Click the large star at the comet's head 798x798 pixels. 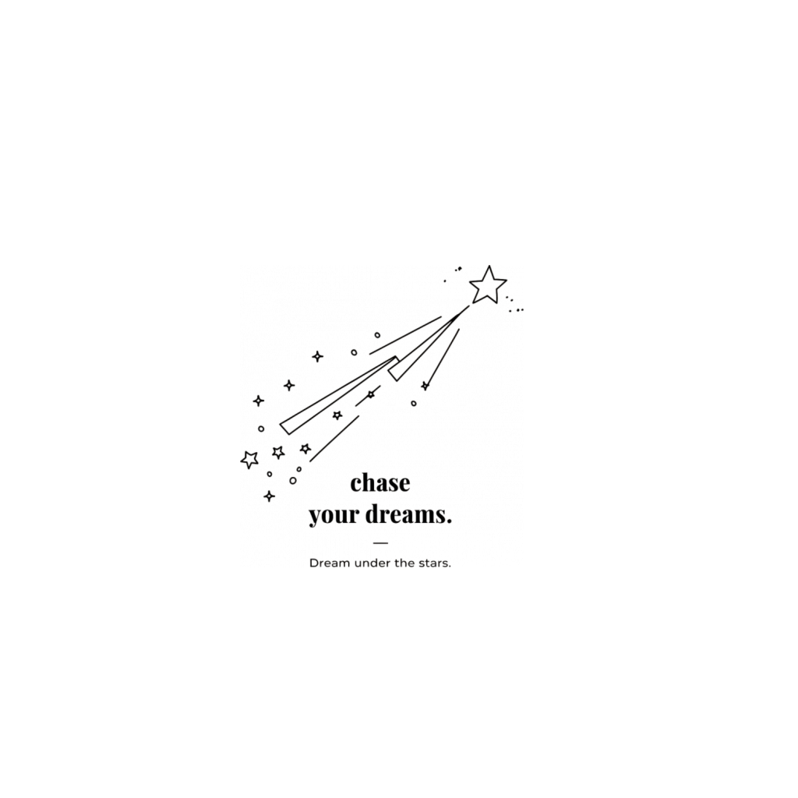click(x=488, y=285)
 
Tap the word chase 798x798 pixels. click(x=380, y=482)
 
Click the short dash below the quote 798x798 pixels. click(x=380, y=543)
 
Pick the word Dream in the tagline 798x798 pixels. click(x=330, y=563)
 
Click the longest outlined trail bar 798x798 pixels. click(x=339, y=395)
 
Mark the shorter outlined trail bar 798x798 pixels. click(x=428, y=344)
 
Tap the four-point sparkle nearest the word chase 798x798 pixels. click(x=269, y=496)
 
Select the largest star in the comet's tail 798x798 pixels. click(x=249, y=459)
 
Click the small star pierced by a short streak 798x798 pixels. click(x=371, y=394)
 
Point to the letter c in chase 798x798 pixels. click(x=356, y=485)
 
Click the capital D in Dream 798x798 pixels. click(x=313, y=563)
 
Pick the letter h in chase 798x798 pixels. click(x=370, y=482)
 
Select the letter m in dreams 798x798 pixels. click(x=425, y=516)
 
